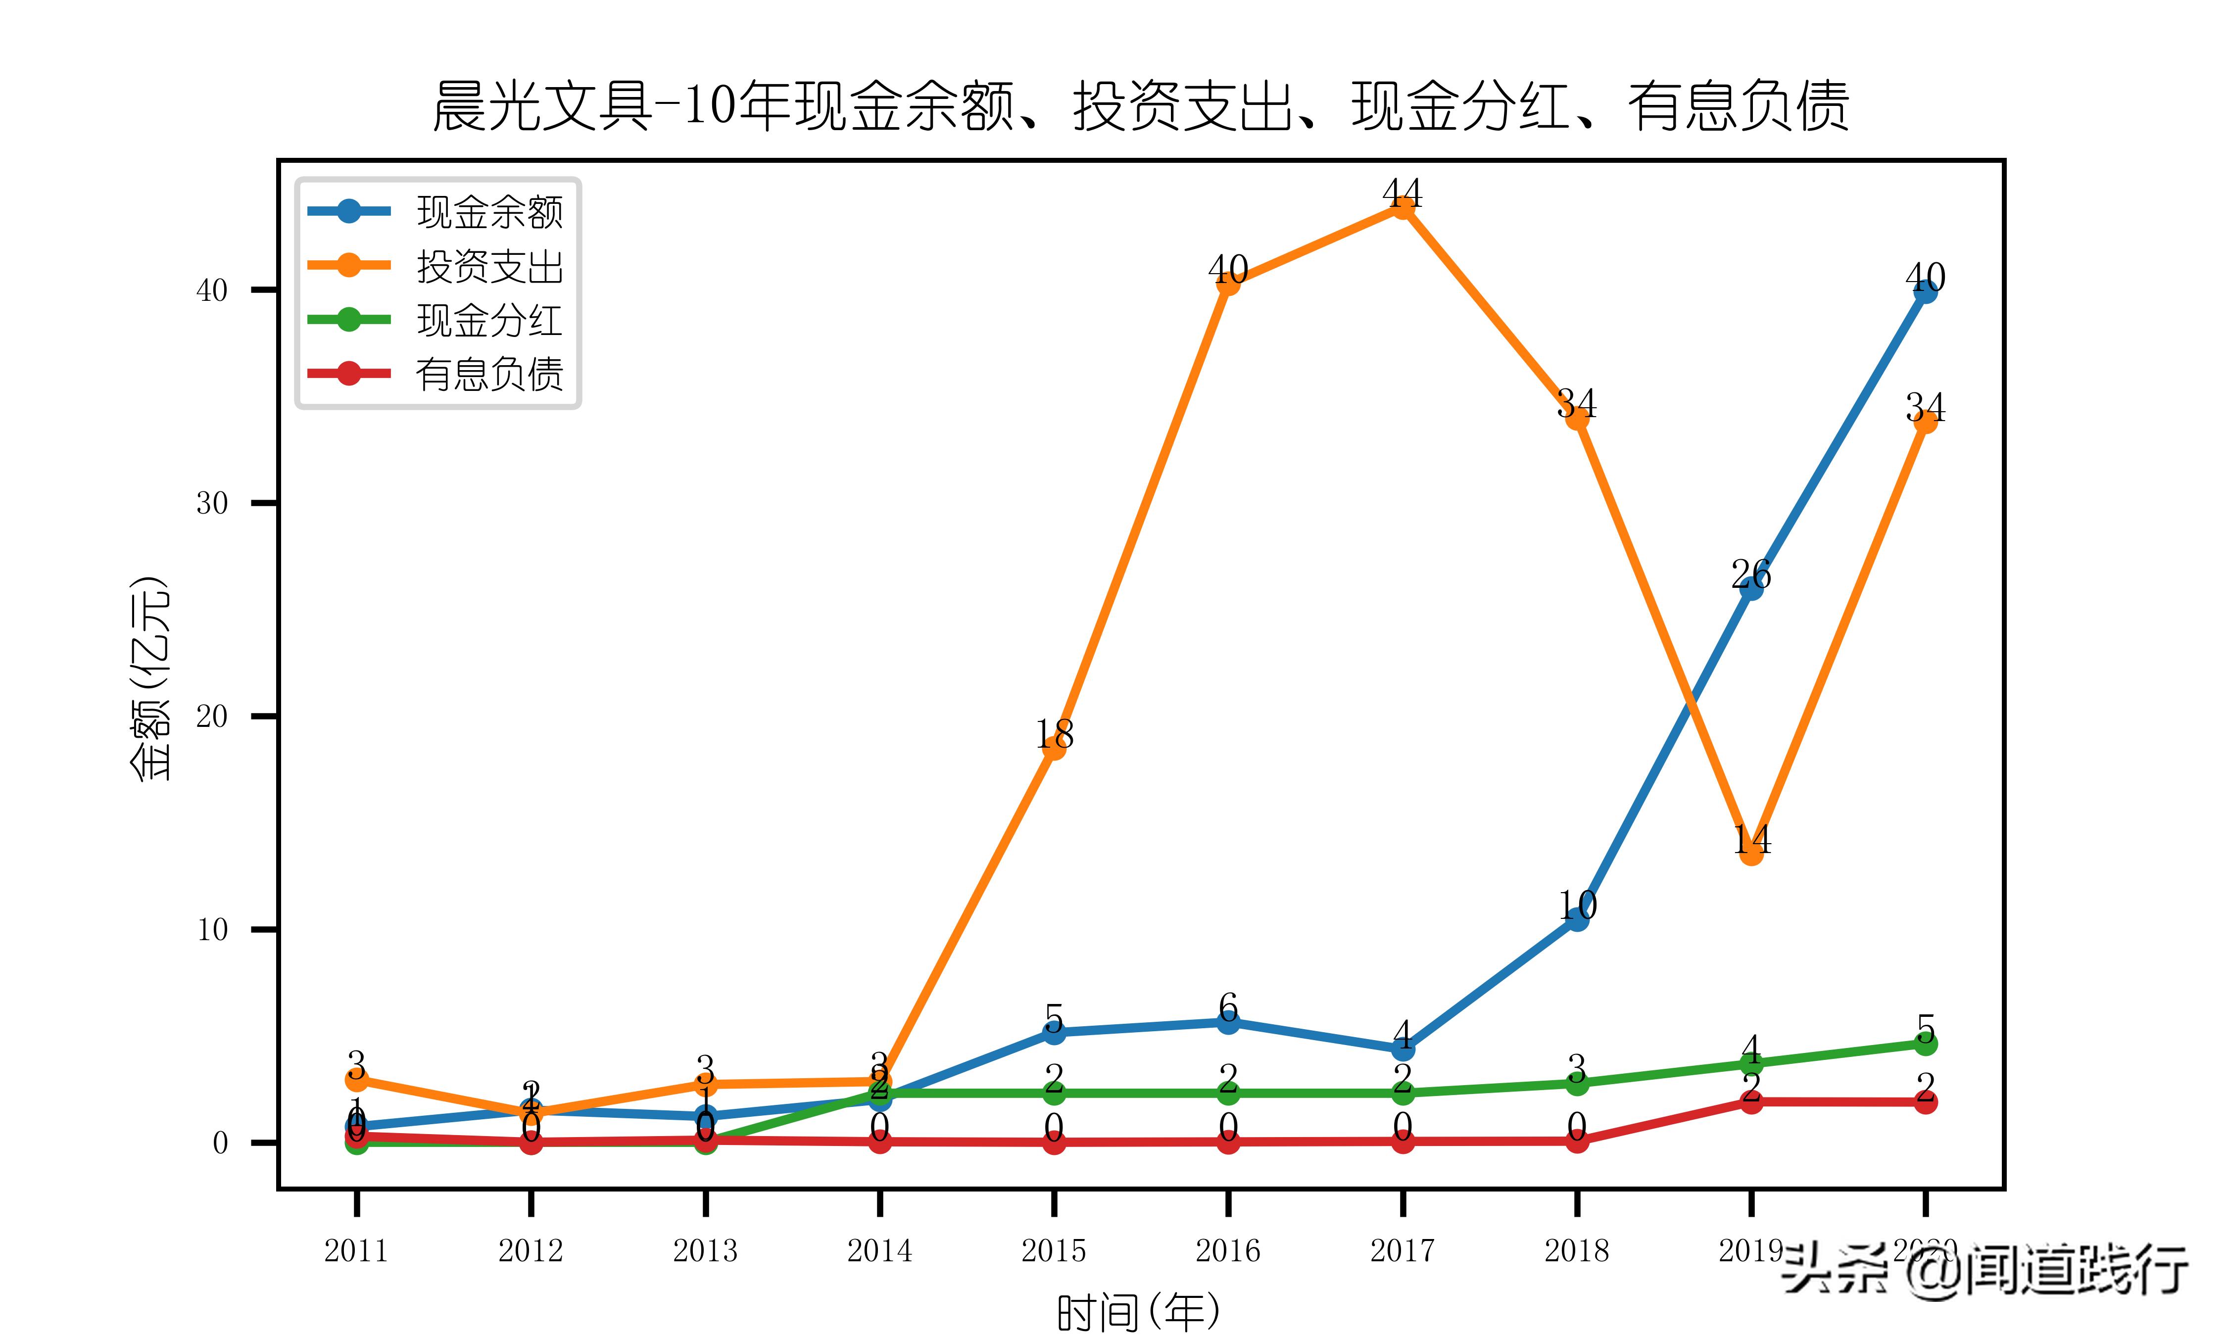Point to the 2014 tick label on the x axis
[x=879, y=1250]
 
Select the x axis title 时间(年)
[x=1139, y=1312]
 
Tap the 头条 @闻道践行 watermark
[x=1985, y=1269]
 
